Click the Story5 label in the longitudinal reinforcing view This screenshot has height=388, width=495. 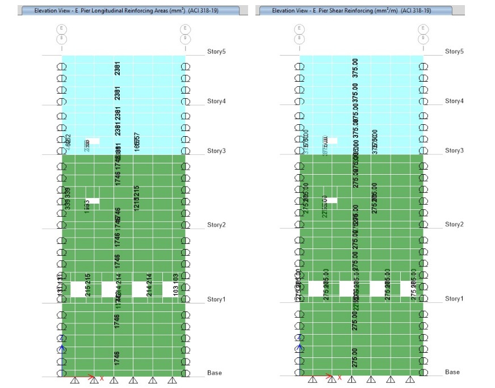216,52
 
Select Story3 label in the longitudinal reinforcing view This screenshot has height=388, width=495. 216,151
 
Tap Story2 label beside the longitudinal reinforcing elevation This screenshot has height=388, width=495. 216,225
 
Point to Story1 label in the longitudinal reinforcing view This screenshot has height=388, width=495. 216,300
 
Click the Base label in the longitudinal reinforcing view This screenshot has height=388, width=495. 214,373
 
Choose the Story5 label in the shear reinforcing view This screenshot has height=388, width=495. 454,52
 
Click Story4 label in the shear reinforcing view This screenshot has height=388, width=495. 454,101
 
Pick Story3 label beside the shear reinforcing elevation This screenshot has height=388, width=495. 454,151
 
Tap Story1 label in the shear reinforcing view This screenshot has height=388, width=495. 454,299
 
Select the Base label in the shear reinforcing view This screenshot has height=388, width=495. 452,373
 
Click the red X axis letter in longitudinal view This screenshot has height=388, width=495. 102,378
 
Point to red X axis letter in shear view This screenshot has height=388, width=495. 340,378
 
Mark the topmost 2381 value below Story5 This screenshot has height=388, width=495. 117,68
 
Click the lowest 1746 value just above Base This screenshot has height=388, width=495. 117,357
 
